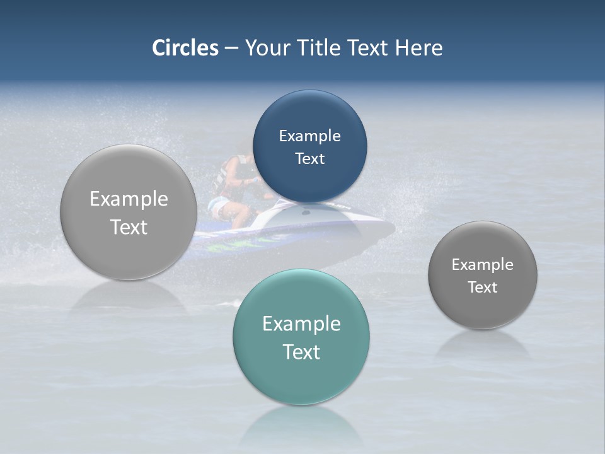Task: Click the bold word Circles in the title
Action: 185,48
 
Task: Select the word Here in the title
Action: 418,48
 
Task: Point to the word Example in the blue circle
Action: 310,136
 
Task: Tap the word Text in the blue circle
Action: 310,159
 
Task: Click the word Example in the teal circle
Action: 301,324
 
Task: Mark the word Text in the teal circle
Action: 301,352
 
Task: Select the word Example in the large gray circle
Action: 129,199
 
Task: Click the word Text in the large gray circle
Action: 129,227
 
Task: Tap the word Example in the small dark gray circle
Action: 483,265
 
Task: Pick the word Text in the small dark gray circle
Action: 483,288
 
